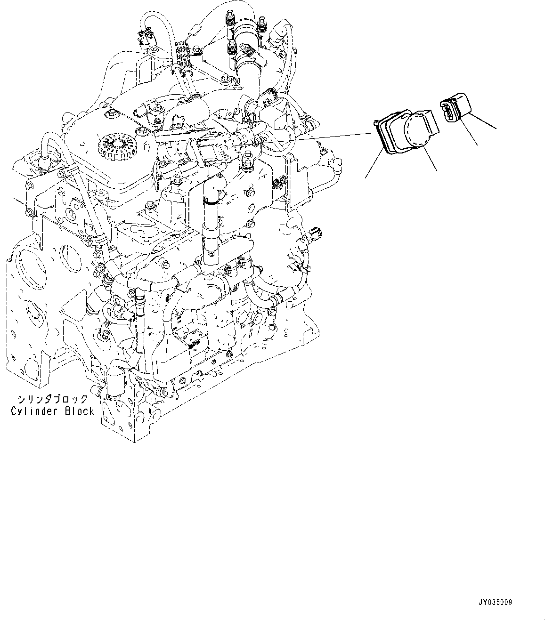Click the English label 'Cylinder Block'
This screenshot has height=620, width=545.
tap(52, 411)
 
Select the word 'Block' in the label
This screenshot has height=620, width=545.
tap(79, 411)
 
